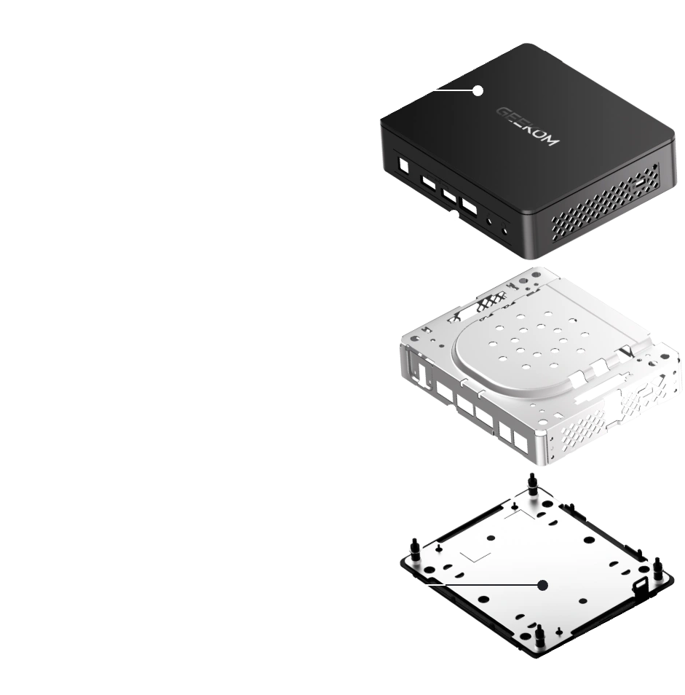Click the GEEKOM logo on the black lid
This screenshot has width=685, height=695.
pos(527,125)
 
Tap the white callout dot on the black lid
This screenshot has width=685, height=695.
pos(478,91)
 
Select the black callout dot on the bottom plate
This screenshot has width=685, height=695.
pos(542,586)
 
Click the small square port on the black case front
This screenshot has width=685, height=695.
pos(404,166)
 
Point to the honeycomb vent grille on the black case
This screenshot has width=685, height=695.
pos(605,203)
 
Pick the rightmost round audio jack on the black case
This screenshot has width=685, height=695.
pos(504,229)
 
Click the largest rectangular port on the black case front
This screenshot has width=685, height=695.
pos(470,207)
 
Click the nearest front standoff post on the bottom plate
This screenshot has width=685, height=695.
pos(539,636)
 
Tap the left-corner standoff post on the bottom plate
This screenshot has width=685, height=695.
pos(416,549)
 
